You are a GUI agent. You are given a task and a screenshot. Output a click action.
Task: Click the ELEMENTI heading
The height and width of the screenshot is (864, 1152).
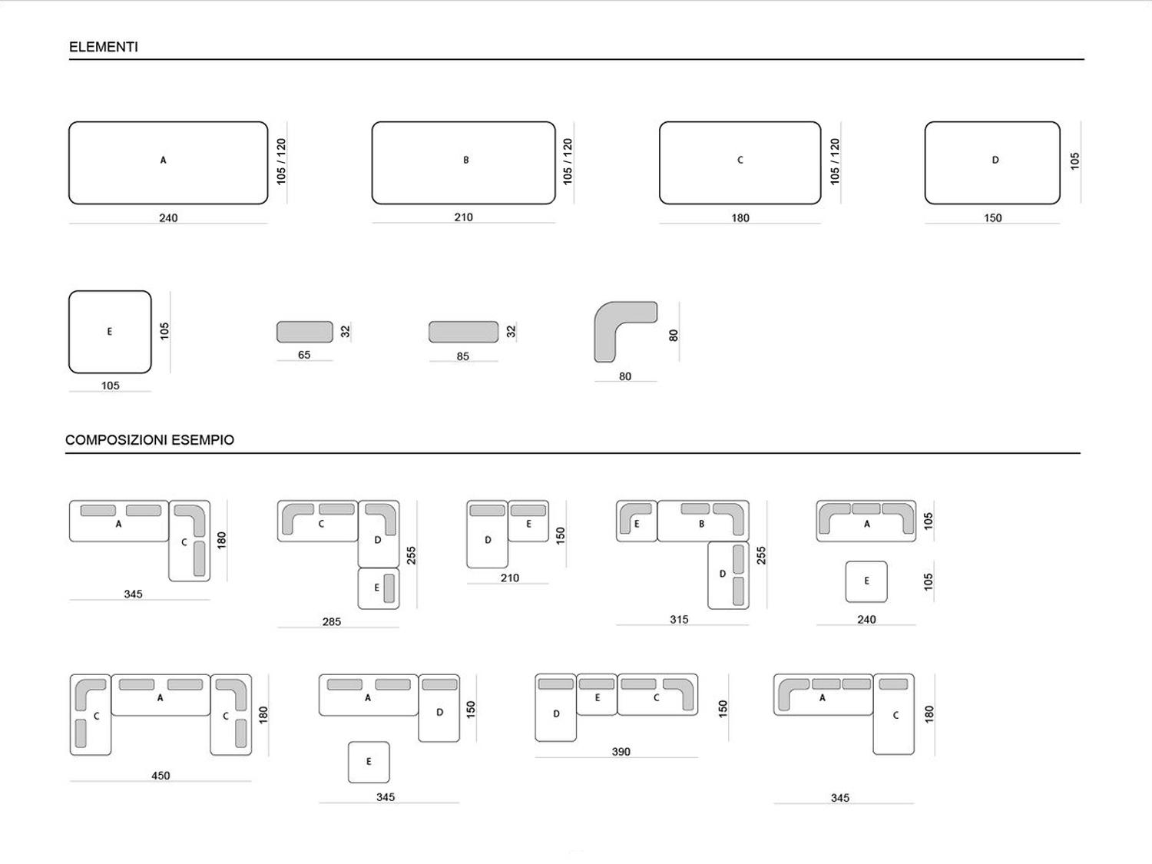click(x=104, y=47)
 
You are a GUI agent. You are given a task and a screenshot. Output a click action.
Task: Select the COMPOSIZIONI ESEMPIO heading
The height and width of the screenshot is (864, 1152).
click(x=150, y=439)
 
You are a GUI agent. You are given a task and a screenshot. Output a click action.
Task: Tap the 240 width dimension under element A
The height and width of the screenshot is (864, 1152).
click(x=168, y=217)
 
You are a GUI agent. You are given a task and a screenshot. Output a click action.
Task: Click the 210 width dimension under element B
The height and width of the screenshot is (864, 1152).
click(x=463, y=217)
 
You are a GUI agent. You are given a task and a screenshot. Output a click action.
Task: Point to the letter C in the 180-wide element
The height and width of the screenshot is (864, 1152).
click(x=740, y=160)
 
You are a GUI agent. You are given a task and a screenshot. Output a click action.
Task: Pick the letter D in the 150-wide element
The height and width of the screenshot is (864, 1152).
click(x=995, y=160)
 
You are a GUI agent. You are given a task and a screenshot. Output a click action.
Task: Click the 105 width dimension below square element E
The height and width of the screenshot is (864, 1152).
click(x=111, y=386)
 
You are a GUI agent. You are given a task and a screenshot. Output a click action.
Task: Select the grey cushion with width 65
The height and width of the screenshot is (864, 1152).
click(x=305, y=332)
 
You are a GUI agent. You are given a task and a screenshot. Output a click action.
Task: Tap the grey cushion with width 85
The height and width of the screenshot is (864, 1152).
click(x=463, y=332)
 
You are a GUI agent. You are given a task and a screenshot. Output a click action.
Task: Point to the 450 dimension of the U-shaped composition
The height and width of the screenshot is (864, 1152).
click(x=161, y=776)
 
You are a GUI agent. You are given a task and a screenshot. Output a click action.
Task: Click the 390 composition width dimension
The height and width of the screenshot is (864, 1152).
click(x=621, y=751)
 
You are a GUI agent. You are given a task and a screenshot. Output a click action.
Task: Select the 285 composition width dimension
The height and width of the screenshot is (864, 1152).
click(x=332, y=621)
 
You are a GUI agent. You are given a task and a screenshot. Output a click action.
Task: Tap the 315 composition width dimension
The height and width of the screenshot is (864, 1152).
click(x=679, y=620)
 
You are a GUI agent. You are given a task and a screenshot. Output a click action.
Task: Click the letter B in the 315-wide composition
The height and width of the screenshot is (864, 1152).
click(x=701, y=524)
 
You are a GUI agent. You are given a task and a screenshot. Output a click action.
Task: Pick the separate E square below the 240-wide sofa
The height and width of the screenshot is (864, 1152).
click(x=866, y=582)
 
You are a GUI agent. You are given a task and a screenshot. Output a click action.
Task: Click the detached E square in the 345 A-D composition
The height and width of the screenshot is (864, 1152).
click(x=369, y=762)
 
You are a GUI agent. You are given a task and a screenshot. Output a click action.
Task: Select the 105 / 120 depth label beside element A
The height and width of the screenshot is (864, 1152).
click(x=281, y=161)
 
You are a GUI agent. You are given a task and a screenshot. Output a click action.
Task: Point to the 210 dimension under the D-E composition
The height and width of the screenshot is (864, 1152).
click(x=510, y=578)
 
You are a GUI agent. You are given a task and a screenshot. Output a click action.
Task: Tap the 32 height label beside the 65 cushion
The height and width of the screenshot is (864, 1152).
click(x=345, y=332)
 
